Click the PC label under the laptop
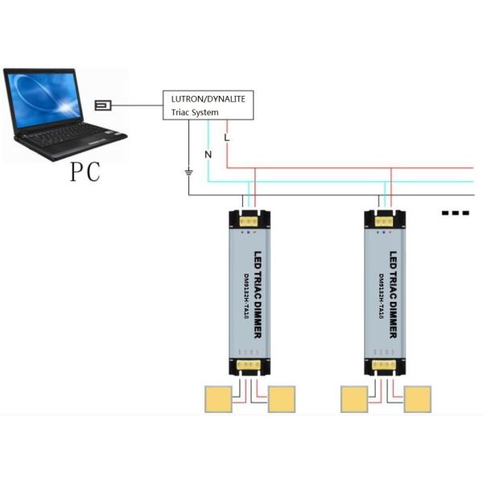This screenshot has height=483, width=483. (x=85, y=171)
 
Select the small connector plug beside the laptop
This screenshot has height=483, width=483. (x=104, y=105)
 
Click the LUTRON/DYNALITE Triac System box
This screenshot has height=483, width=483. (x=209, y=105)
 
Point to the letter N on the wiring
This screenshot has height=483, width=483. (x=207, y=152)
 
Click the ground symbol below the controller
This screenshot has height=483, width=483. (x=188, y=171)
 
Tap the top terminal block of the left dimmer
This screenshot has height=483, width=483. (x=250, y=218)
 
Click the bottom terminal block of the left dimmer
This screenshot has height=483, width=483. (x=250, y=365)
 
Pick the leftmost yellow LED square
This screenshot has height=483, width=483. (x=217, y=398)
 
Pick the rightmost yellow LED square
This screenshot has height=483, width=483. (x=418, y=398)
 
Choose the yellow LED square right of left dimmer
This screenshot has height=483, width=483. (x=282, y=398)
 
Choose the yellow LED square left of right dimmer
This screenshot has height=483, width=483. (x=354, y=398)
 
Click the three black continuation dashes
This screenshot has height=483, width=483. (x=456, y=213)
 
